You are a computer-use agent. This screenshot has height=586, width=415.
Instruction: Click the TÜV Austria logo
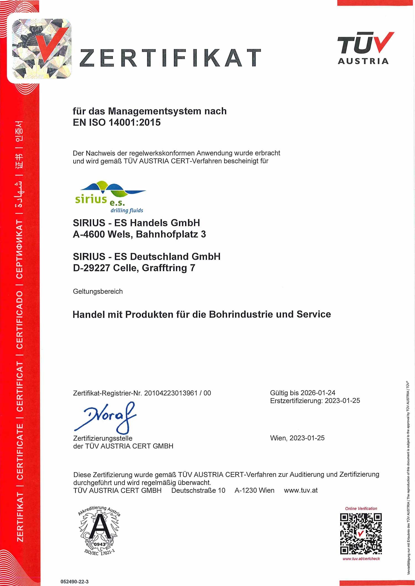[364, 48]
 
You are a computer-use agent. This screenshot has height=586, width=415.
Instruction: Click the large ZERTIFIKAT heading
[170, 58]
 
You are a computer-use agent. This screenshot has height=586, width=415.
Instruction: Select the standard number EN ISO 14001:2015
[116, 123]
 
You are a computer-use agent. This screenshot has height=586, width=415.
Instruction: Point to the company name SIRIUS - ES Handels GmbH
[136, 223]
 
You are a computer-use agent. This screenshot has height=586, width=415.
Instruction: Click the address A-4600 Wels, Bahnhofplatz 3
[139, 234]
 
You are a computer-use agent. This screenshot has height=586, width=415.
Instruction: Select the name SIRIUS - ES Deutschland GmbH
[147, 256]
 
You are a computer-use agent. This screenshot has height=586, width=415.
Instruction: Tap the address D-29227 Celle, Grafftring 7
[134, 268]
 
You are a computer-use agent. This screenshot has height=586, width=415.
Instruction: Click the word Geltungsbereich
[98, 291]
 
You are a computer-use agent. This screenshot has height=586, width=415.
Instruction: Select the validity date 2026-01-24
[318, 393]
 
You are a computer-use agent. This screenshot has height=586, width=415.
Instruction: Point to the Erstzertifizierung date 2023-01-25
[342, 401]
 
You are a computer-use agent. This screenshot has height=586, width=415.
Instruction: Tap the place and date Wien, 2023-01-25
[297, 438]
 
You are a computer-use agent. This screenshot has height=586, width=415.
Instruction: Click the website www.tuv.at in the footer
[301, 491]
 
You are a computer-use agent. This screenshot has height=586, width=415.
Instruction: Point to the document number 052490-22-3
[74, 581]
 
